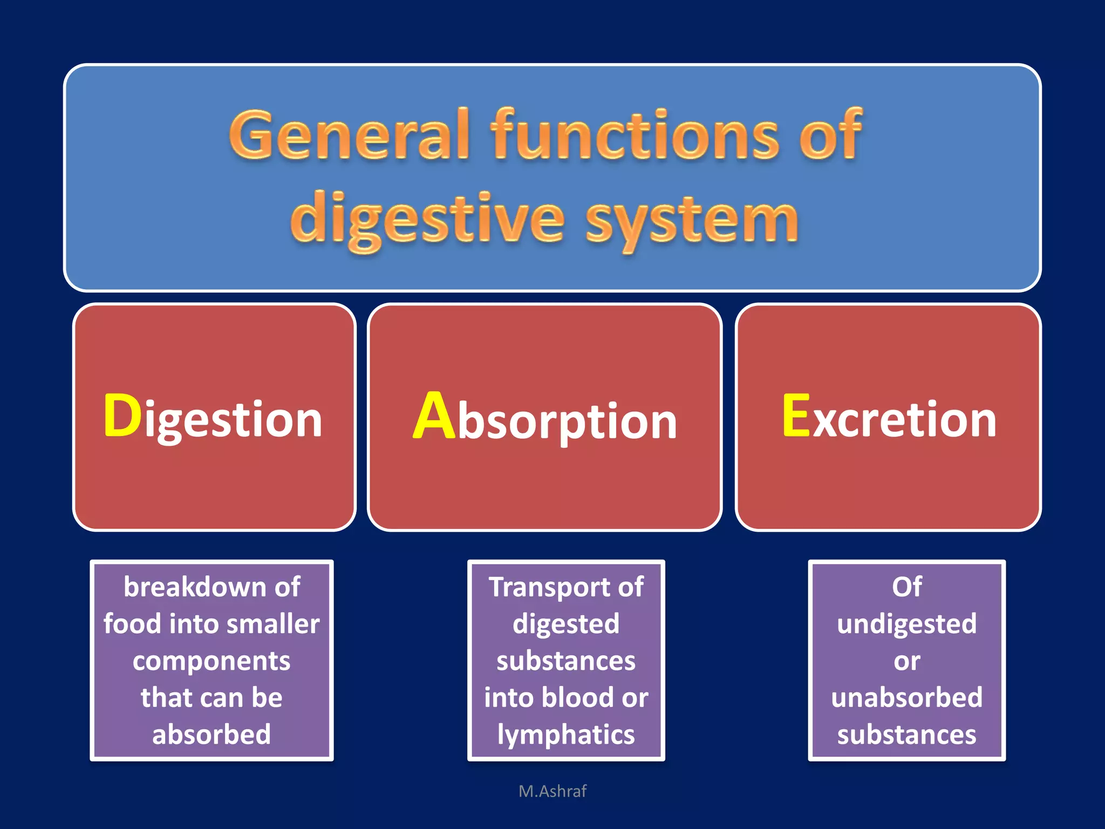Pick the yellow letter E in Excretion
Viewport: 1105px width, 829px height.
tap(796, 416)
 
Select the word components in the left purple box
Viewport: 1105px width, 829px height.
tap(212, 661)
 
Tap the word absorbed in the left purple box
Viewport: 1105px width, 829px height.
tap(212, 735)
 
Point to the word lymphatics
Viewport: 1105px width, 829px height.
tap(566, 735)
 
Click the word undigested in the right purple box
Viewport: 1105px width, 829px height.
tap(906, 624)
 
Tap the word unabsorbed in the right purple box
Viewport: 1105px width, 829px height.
tap(906, 697)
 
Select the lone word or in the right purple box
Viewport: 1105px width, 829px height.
tap(906, 661)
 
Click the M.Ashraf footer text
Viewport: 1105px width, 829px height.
tap(552, 791)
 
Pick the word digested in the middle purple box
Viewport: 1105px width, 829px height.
tap(566, 624)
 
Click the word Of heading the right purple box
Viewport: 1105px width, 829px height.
tap(906, 587)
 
